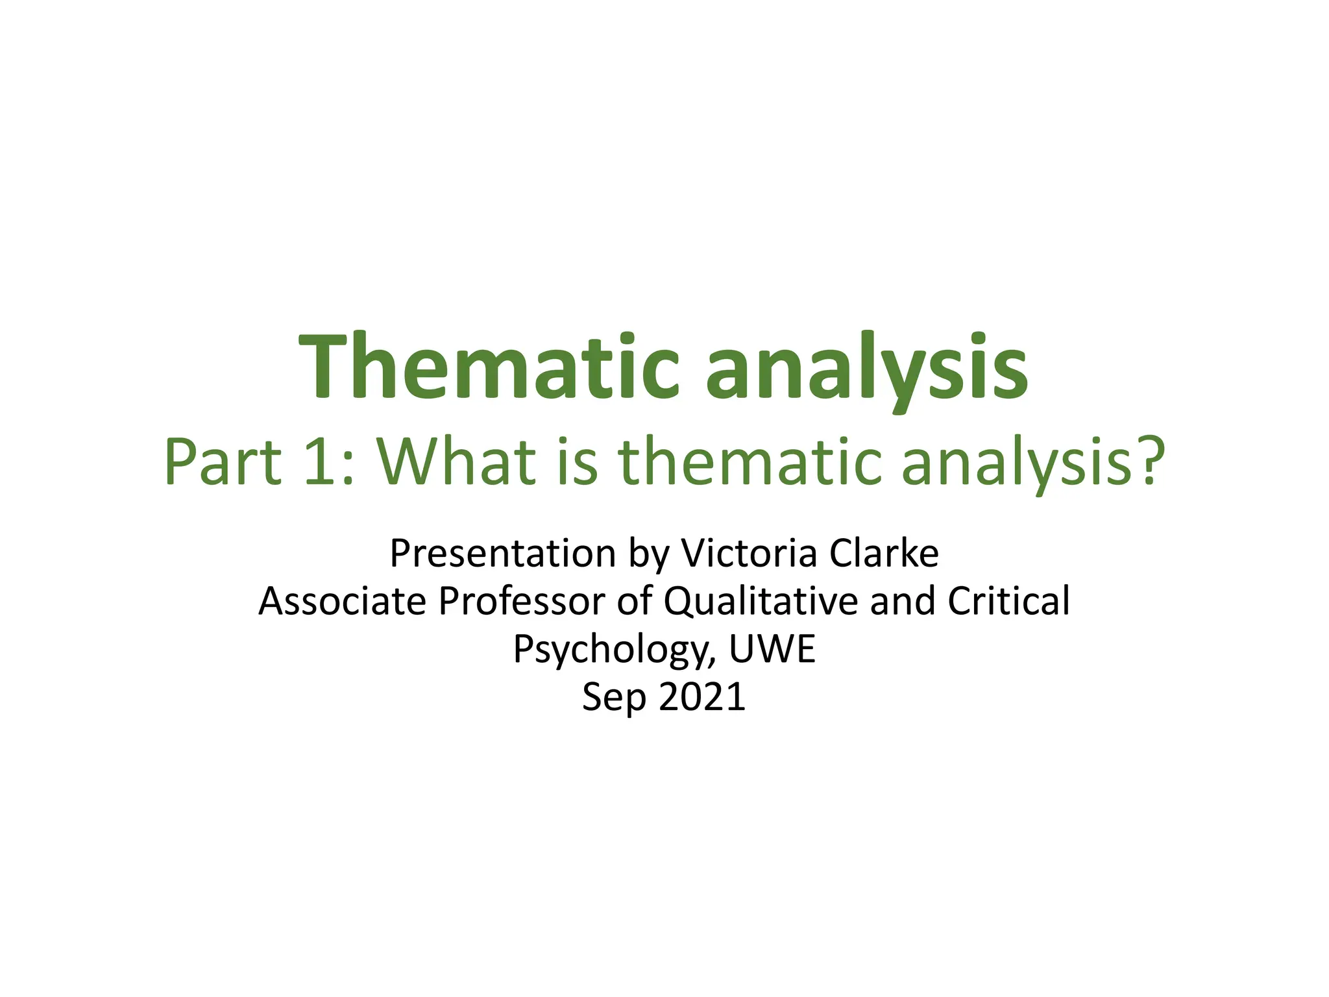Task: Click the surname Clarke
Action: (x=884, y=554)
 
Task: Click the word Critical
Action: (x=1008, y=601)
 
